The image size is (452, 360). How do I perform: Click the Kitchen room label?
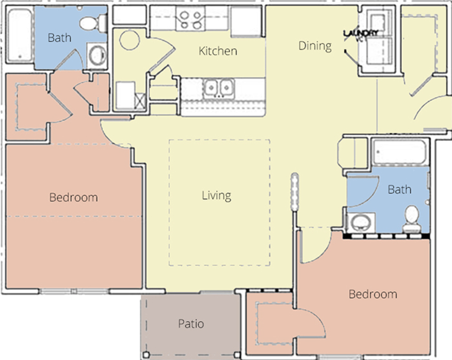click(218, 51)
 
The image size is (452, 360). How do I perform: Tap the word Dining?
click(315, 46)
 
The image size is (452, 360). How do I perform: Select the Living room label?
click(217, 196)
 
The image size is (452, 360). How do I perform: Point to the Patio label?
click(191, 324)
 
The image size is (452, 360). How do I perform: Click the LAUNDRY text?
click(361, 33)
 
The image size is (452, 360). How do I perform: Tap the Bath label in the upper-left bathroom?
click(59, 38)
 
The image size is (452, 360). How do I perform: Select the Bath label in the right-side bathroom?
click(399, 190)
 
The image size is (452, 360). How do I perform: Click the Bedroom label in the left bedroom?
click(73, 198)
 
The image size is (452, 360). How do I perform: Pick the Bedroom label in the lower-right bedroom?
click(373, 294)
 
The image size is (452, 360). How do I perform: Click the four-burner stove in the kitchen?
click(190, 19)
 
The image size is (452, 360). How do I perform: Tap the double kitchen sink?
click(219, 88)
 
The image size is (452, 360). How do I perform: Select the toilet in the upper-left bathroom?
click(93, 22)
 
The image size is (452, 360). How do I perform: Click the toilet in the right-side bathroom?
click(412, 219)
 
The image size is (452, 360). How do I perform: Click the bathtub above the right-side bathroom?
click(399, 152)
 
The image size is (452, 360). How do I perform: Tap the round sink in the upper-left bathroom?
click(98, 56)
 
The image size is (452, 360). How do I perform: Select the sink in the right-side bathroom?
click(360, 223)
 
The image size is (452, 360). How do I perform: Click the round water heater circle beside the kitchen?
click(130, 40)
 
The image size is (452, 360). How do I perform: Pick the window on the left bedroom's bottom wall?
click(74, 291)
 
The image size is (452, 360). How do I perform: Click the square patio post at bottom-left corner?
click(146, 354)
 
